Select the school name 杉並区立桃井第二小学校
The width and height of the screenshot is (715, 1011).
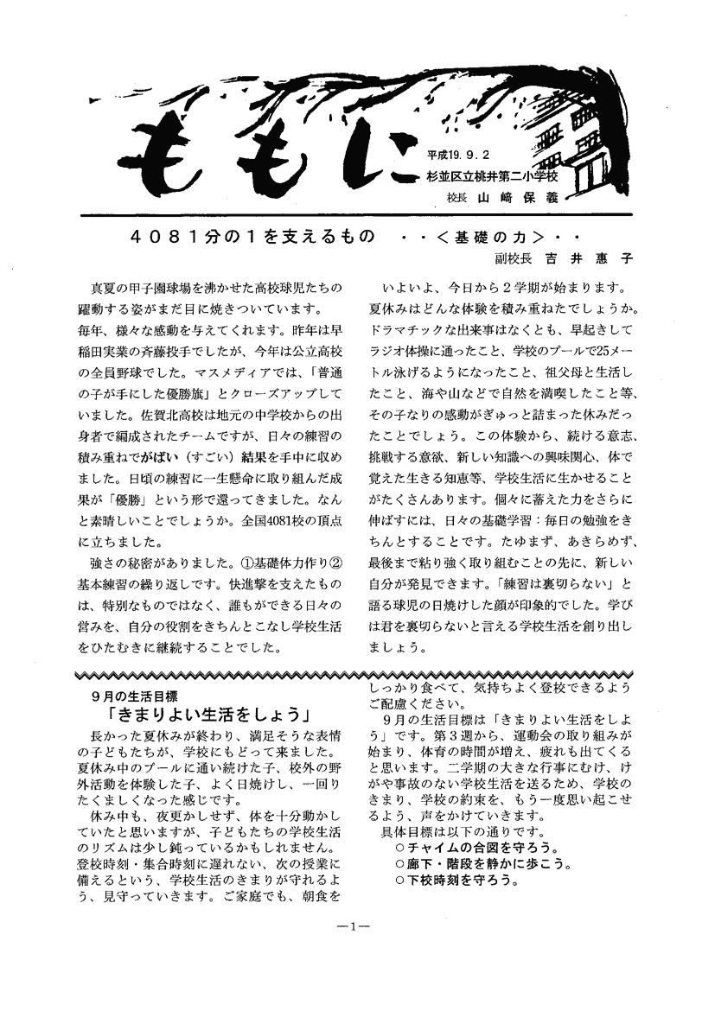click(492, 176)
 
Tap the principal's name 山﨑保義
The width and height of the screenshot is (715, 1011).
click(514, 197)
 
